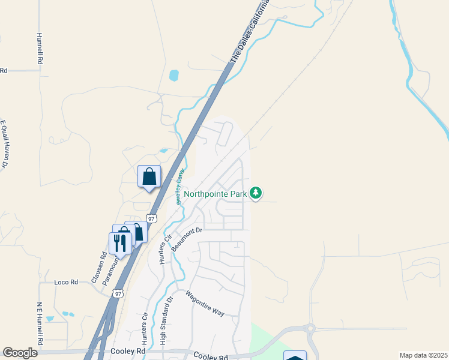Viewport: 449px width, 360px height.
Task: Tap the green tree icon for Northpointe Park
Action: pos(256,193)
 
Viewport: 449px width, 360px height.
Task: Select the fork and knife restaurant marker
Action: pos(119,243)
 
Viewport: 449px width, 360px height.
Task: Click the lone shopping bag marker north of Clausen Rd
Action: pos(149,176)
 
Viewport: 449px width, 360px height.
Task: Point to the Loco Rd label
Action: pos(66,282)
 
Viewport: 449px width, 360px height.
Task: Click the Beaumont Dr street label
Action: pos(188,238)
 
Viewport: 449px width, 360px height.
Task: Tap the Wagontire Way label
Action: pos(204,305)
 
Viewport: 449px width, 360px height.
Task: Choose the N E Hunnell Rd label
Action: pos(40,324)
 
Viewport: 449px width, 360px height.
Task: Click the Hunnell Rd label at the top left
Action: pos(40,49)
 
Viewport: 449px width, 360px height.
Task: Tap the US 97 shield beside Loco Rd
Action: pos(118,293)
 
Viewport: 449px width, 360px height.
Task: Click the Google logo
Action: pos(20,353)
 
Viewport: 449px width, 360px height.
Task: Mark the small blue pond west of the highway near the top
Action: pos(173,76)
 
